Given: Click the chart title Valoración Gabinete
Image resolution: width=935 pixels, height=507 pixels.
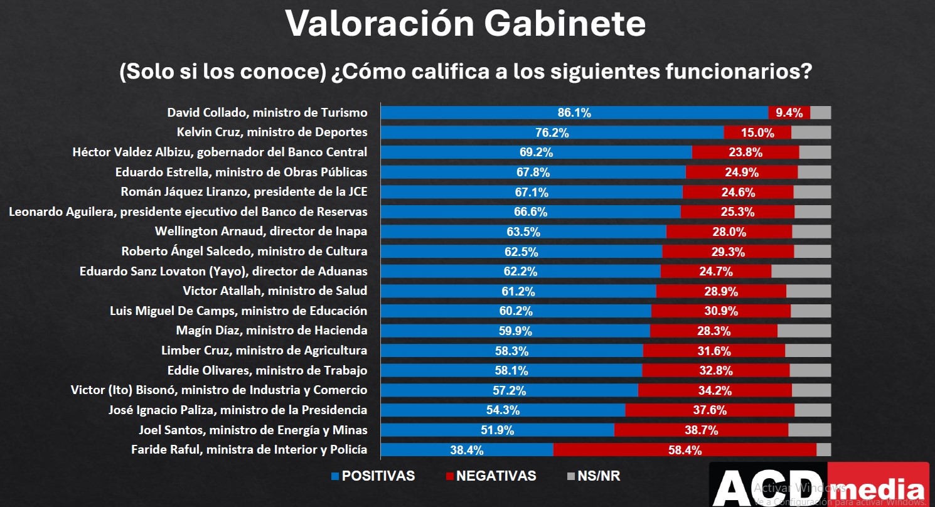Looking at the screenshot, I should (466, 24).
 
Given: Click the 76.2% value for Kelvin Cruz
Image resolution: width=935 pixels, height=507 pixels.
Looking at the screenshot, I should (553, 133).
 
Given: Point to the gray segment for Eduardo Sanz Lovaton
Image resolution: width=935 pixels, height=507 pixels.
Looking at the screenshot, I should (801, 271).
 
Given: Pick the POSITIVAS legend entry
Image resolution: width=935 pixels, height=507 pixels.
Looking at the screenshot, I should (373, 476).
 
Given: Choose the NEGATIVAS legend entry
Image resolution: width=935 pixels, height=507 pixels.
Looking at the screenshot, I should (491, 476).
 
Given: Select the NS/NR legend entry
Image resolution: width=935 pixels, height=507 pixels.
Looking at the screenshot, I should (593, 476).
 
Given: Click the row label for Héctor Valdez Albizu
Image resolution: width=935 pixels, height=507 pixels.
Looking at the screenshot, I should (220, 152).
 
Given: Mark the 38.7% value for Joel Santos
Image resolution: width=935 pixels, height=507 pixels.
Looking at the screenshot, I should (701, 430).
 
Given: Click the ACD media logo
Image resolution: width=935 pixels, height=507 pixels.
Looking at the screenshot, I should (819, 485).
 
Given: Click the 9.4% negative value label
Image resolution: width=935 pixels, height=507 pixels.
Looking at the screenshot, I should (789, 113).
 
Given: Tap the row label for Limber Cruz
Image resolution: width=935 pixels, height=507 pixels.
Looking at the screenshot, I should (264, 351).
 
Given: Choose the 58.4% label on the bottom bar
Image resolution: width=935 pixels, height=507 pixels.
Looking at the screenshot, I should (685, 450).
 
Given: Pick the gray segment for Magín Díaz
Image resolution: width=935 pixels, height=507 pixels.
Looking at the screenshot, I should (804, 331).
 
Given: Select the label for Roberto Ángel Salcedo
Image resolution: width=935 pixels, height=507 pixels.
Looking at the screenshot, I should (244, 252).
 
